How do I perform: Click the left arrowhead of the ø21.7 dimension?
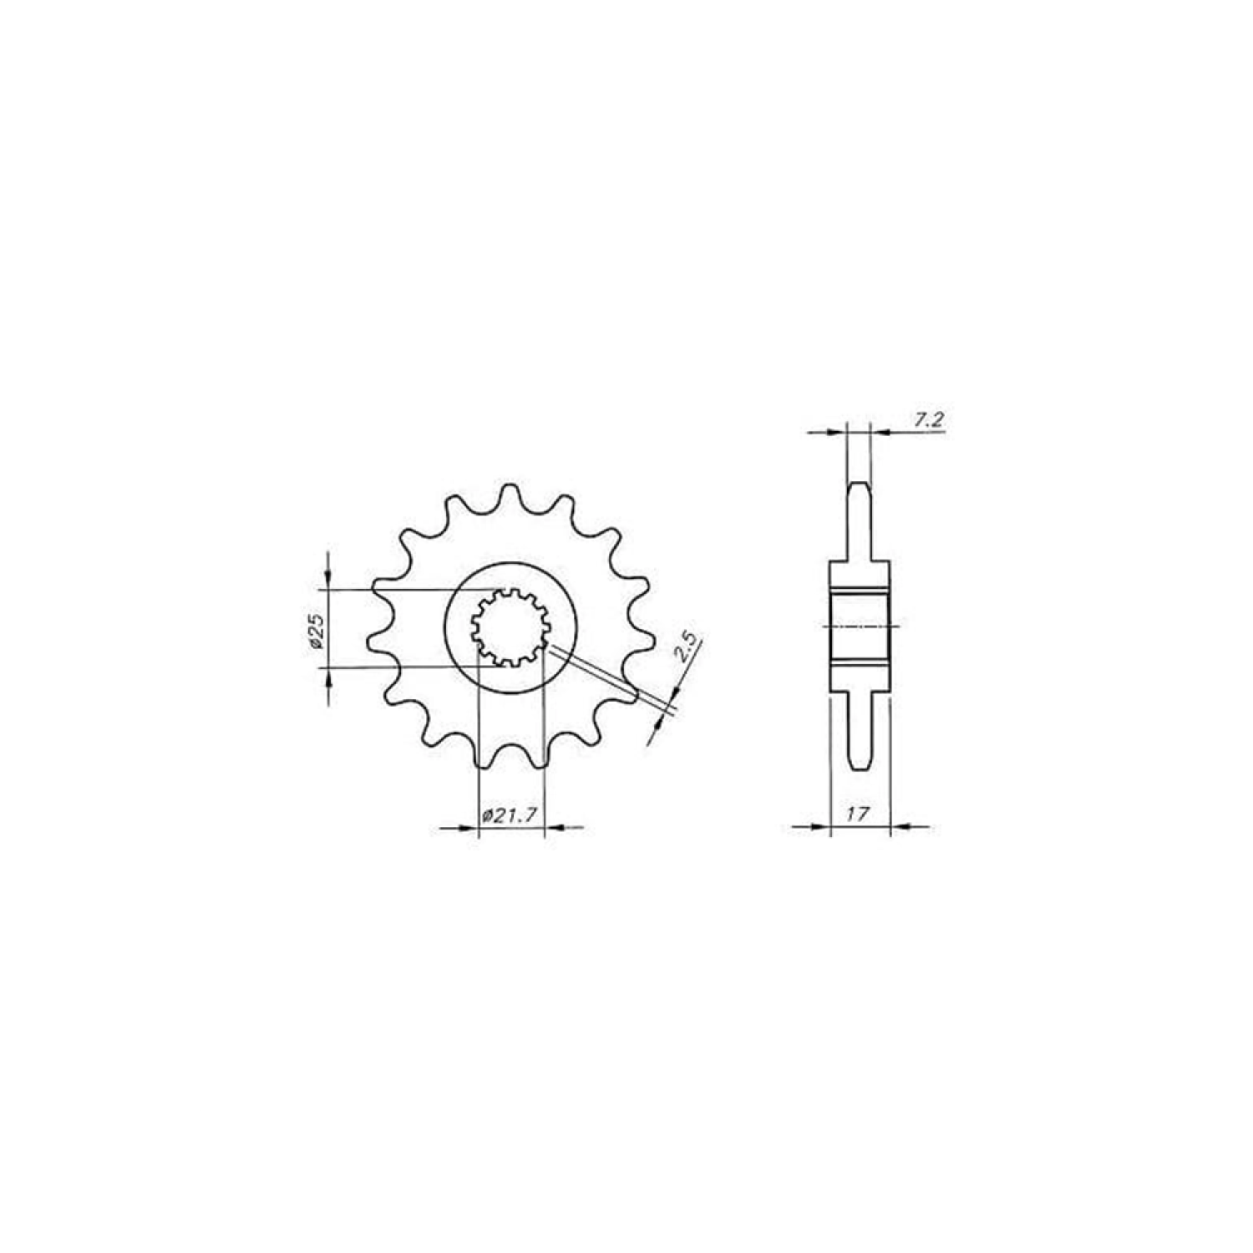pos(468,828)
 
